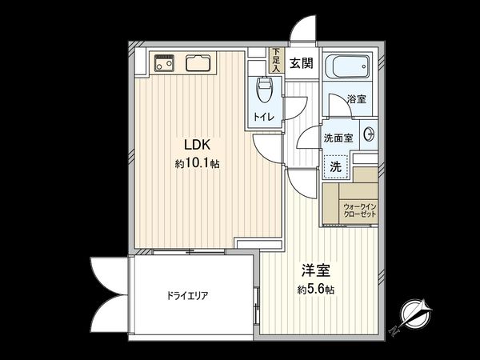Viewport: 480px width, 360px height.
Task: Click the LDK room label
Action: click(197, 146)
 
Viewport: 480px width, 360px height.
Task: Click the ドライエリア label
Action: click(188, 295)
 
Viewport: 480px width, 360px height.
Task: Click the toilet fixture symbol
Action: click(263, 90)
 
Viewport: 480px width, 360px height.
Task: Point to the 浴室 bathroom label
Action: click(357, 100)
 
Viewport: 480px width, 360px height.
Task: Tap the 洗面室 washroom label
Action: click(338, 138)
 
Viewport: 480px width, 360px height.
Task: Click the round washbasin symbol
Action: click(369, 134)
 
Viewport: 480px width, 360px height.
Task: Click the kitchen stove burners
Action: click(164, 62)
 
